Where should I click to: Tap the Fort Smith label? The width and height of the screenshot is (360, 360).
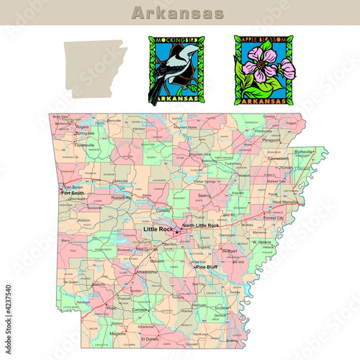coord(72,193)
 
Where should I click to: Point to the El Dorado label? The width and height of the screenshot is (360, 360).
coord(150,339)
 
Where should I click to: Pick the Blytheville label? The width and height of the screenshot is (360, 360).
coord(304,152)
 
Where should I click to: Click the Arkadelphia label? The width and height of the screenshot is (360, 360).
coord(146,271)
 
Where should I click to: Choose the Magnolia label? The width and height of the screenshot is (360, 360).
coord(118,333)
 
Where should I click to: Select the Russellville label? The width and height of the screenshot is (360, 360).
coord(121,197)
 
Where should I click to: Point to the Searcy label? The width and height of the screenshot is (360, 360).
coord(205,196)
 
